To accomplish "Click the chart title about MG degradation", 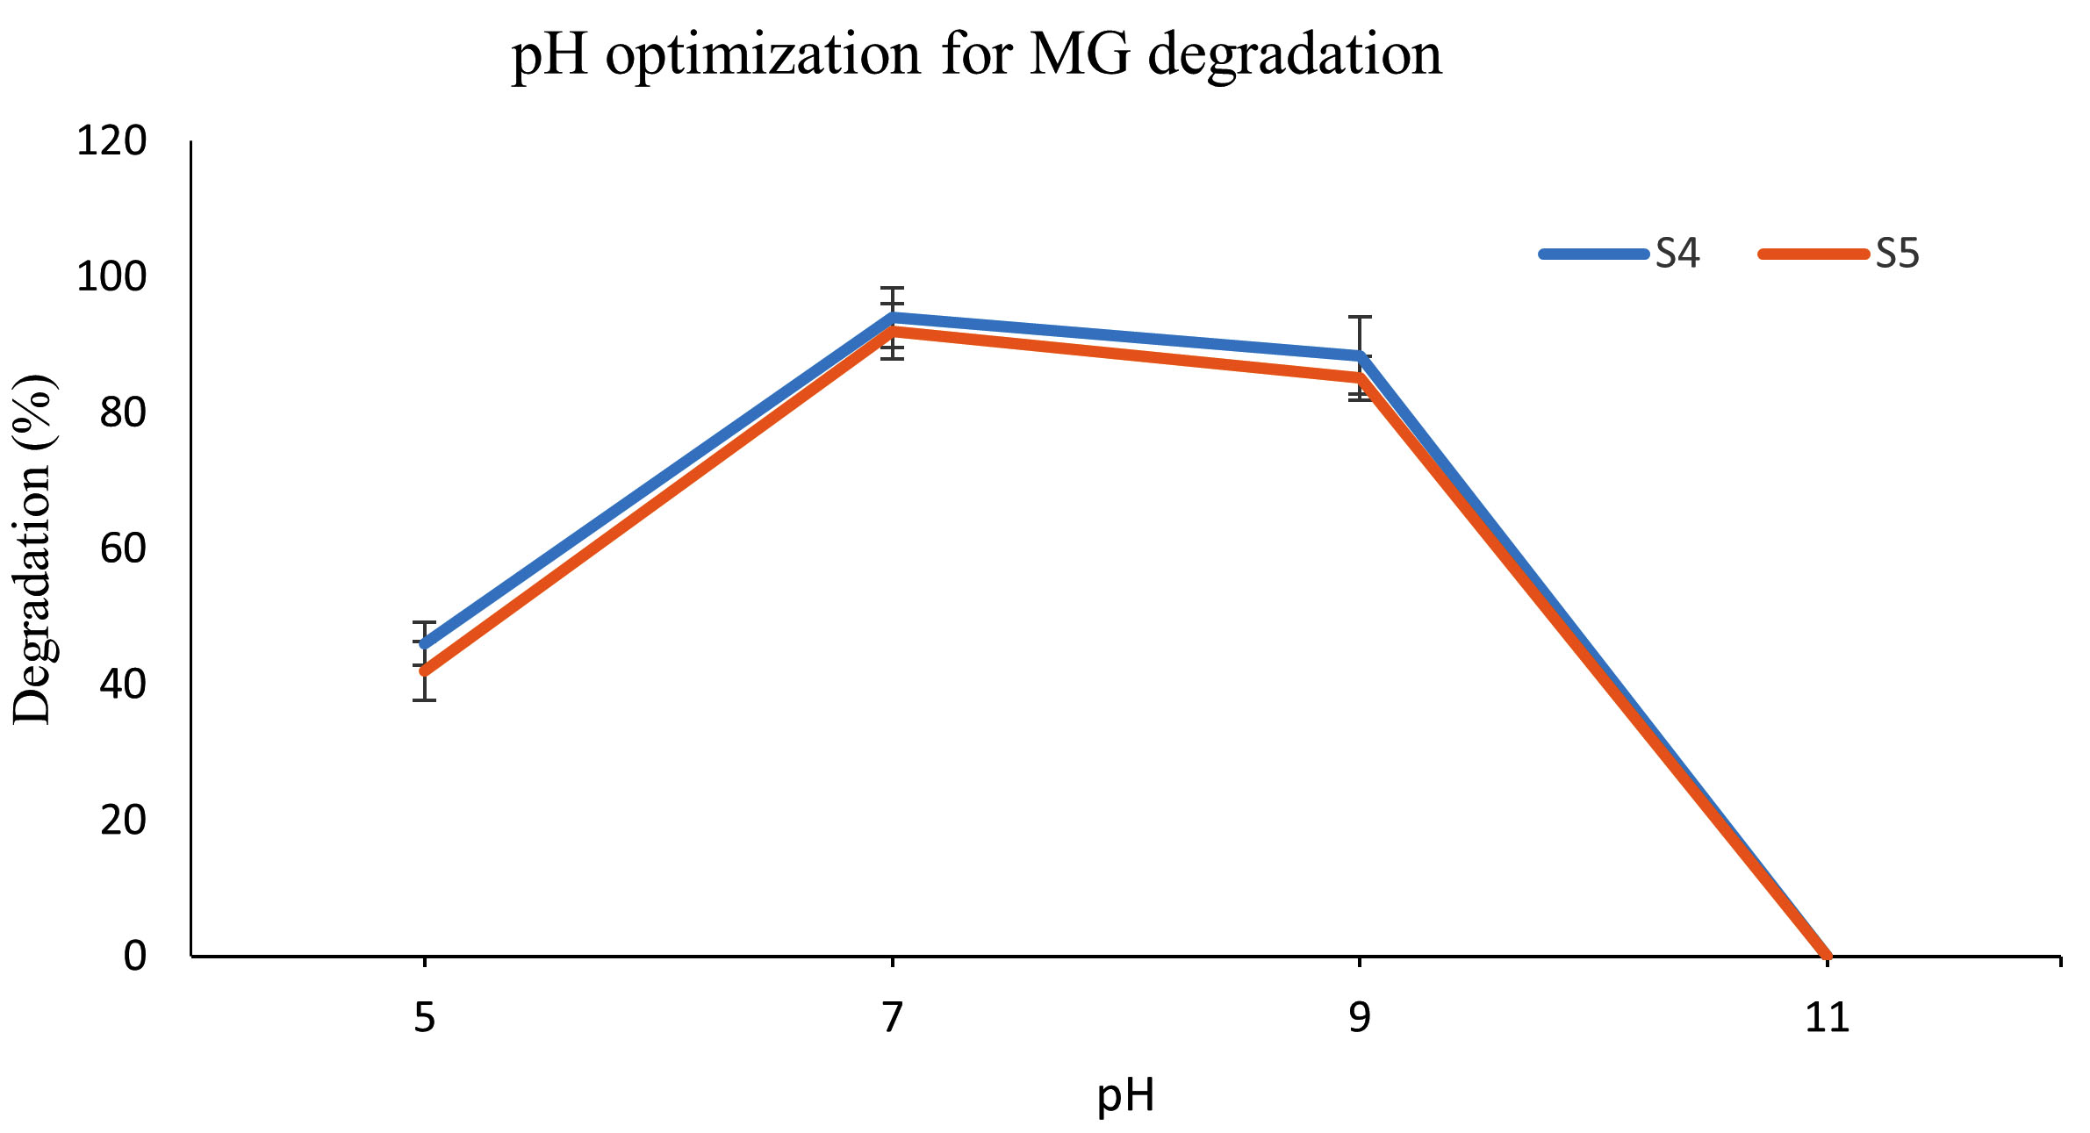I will (x=976, y=54).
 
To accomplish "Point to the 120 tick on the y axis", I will (x=111, y=141).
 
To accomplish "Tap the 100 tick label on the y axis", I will (x=111, y=277).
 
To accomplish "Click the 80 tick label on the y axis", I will (x=123, y=412).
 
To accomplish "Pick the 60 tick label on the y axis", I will (x=123, y=549).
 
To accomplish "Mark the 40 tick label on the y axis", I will (x=123, y=685).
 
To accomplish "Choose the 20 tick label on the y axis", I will (x=123, y=820).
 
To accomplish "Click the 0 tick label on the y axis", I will (x=134, y=956).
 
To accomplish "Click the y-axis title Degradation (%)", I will (x=33, y=549).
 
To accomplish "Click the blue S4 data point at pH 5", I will (x=426, y=643).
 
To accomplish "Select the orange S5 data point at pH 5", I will (x=426, y=671).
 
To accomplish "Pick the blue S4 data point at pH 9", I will (x=1360, y=356).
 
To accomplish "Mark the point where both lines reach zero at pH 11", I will (x=1827, y=955).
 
